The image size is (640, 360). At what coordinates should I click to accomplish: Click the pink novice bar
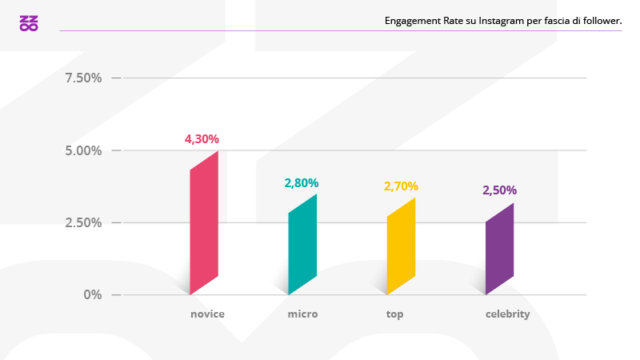click(204, 222)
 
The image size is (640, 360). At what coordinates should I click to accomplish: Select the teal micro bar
click(302, 244)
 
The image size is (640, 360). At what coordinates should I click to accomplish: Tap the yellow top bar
click(401, 246)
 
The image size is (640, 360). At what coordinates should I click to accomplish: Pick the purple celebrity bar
click(499, 249)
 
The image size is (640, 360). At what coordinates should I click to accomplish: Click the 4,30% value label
click(202, 138)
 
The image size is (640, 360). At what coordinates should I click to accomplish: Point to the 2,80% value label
click(301, 183)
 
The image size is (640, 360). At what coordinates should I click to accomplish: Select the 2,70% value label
click(401, 186)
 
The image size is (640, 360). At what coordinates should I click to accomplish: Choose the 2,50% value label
click(499, 190)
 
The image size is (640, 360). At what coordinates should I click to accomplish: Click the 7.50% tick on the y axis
click(83, 78)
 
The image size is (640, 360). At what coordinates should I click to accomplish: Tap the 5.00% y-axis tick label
click(83, 150)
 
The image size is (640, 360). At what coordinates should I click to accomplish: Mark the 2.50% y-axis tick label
click(83, 222)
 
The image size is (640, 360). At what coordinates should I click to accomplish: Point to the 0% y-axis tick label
click(94, 294)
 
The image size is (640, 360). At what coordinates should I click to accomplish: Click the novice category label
click(207, 314)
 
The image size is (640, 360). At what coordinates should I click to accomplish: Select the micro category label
click(302, 314)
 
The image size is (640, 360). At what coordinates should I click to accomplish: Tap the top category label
click(394, 314)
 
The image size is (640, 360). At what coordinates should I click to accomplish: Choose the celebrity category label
click(507, 314)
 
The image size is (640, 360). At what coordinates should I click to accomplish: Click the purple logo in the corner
click(29, 23)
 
